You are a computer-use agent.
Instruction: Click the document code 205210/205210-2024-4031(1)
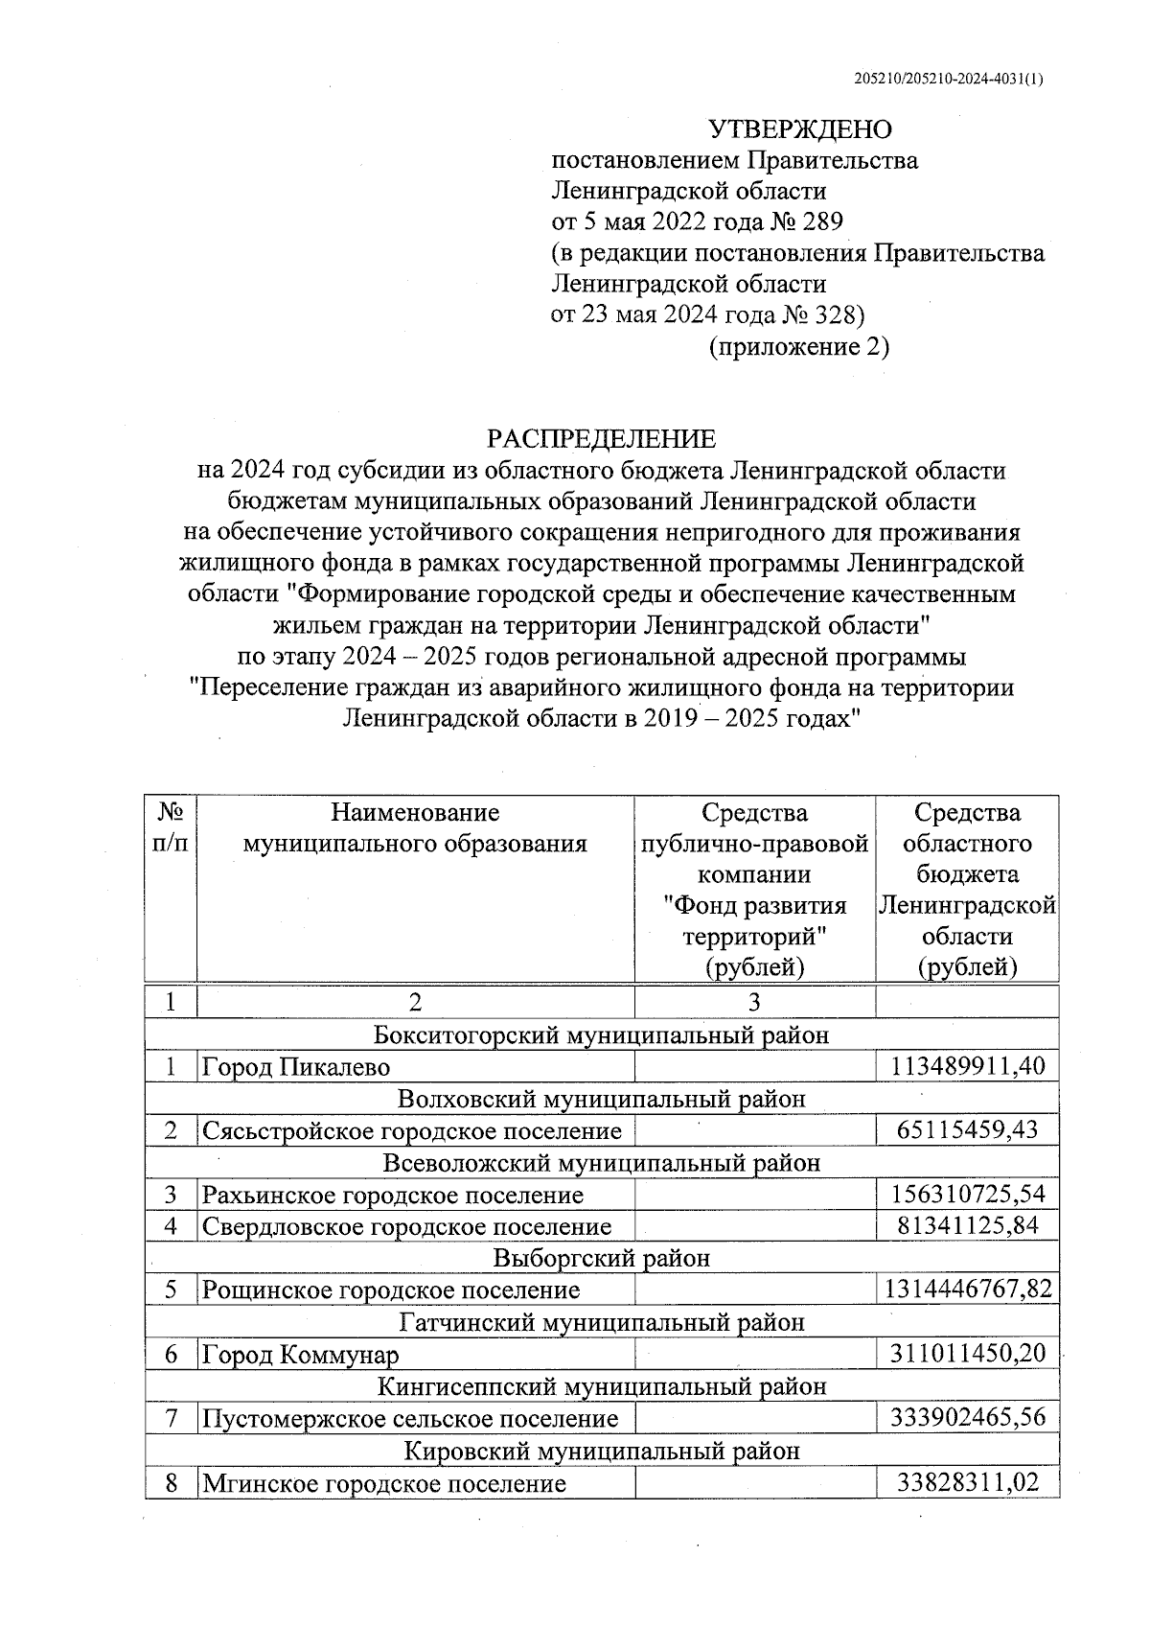(948, 80)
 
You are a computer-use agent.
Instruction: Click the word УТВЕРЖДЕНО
(798, 129)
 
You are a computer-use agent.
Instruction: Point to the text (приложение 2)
(798, 346)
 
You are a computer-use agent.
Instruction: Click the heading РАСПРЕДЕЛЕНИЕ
(601, 439)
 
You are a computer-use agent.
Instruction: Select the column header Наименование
(415, 813)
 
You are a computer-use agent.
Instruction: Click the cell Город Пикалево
(296, 1066)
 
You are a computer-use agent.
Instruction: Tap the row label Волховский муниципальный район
(601, 1099)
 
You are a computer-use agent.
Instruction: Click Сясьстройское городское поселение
(412, 1130)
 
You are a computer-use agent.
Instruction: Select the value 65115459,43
(968, 1130)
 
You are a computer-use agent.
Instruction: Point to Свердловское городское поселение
(406, 1226)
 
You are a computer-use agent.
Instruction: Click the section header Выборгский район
(601, 1258)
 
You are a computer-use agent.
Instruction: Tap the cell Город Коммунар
(300, 1354)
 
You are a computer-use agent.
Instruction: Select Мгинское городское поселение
(384, 1484)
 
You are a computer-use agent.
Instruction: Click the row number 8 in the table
(172, 1484)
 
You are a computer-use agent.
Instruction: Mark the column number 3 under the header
(754, 1003)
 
